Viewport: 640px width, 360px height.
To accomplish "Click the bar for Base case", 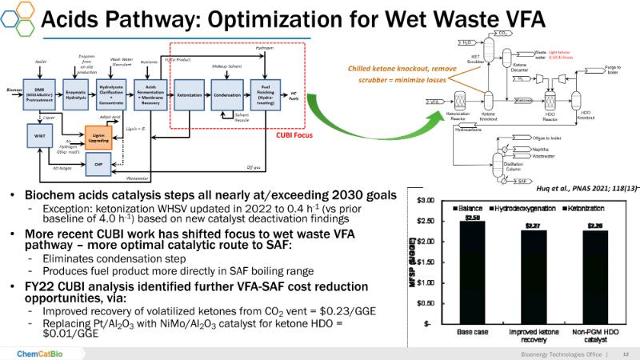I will coord(472,272).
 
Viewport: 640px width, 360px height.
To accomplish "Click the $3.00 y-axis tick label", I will coord(426,200).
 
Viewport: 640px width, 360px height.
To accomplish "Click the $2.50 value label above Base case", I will coord(472,216).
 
